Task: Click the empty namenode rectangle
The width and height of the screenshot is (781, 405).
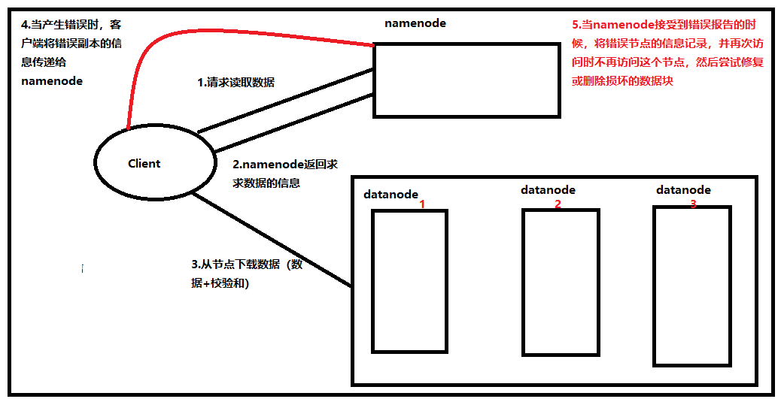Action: coord(466,80)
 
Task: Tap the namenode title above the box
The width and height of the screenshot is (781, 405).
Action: coord(415,23)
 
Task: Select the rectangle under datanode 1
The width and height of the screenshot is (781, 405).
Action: coord(409,281)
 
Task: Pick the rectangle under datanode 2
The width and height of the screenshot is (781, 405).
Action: coord(561,282)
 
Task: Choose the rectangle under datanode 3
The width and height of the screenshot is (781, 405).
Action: coord(691,286)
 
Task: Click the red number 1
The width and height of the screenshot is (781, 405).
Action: coord(422,204)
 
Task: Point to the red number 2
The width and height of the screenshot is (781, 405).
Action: coord(558,204)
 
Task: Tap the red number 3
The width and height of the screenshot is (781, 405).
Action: coord(693,204)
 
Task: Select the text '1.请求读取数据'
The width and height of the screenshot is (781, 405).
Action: coord(236,83)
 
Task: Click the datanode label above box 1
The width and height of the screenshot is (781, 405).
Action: coord(390,194)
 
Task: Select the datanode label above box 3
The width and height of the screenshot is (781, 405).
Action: coord(683,189)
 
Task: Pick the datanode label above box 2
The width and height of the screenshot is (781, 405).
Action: coord(548,189)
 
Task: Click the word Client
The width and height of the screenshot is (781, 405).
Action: coord(144,163)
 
